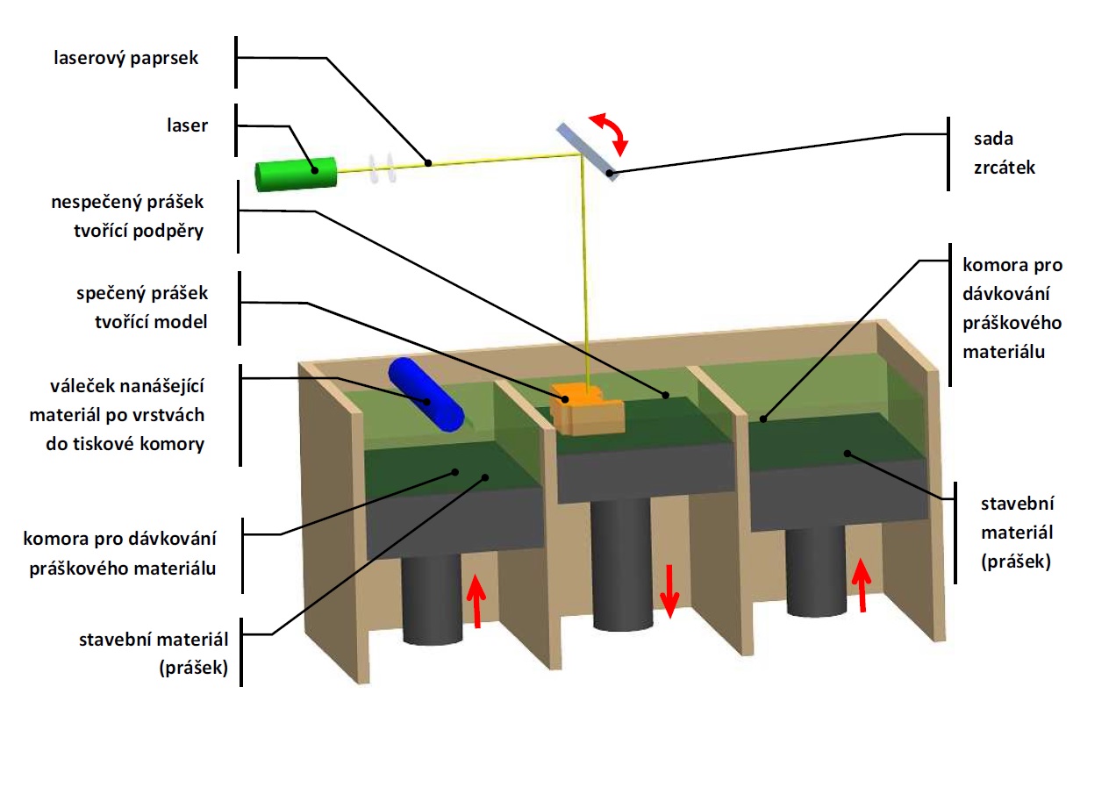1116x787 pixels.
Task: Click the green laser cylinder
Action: (297, 173)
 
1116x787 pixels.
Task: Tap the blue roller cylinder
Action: (426, 395)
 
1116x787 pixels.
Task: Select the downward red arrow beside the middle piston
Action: (669, 591)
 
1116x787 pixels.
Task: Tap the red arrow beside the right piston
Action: (863, 585)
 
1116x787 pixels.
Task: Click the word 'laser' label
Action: (187, 125)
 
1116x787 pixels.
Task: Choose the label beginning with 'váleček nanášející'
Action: (128, 414)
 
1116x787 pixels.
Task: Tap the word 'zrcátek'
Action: (1004, 167)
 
